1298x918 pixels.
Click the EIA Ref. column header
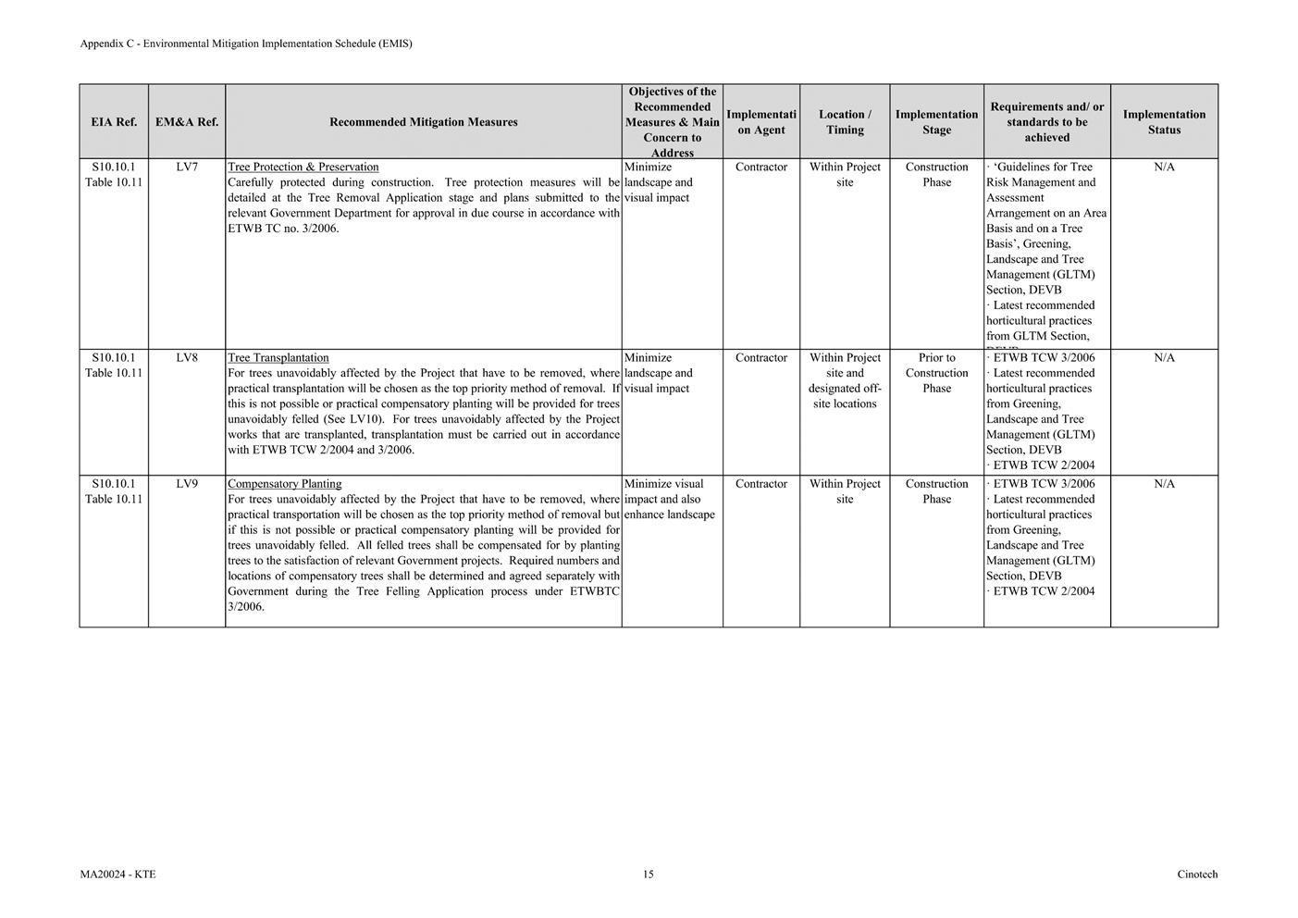click(x=114, y=122)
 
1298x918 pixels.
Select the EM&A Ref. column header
click(x=187, y=122)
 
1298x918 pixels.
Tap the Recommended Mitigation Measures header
click(x=423, y=122)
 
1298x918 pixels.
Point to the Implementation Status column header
click(x=1164, y=122)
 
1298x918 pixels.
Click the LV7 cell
click(x=187, y=167)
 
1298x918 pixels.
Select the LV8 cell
click(x=187, y=358)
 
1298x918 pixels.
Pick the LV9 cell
click(x=187, y=484)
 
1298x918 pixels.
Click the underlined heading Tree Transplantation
click(x=278, y=358)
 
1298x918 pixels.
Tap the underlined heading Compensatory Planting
click(x=285, y=484)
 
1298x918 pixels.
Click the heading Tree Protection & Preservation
click(x=303, y=167)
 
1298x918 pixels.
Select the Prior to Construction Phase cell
click(x=936, y=373)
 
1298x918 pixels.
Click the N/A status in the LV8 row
click(x=1164, y=358)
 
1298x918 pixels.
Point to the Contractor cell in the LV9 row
click(x=760, y=484)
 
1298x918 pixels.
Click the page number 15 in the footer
click(x=649, y=875)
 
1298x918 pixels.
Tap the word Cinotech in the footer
click(x=1197, y=875)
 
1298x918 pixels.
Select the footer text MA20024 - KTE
click(x=117, y=875)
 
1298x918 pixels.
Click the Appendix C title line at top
click(x=246, y=43)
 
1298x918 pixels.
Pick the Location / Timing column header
click(x=845, y=122)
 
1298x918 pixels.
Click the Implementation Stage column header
click(x=936, y=122)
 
